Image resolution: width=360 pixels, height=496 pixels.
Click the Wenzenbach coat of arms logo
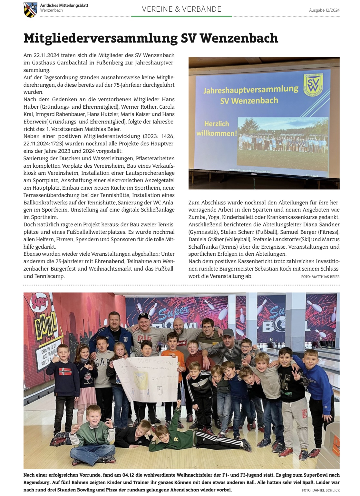[30, 9]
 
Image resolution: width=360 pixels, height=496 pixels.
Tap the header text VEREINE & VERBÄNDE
[181, 9]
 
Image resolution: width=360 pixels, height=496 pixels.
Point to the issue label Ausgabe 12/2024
[324, 10]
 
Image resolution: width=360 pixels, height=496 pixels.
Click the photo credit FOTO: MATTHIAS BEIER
[320, 277]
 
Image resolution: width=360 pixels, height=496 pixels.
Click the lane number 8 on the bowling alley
[321, 338]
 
